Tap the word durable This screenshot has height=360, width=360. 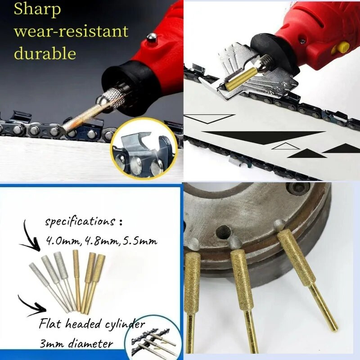[x=45, y=53]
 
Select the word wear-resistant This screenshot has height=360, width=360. [x=71, y=31]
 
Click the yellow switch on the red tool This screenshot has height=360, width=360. [x=341, y=48]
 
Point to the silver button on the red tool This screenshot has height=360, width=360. [x=152, y=38]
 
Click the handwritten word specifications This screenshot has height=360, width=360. [x=80, y=222]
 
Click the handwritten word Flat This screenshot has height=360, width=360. [x=50, y=324]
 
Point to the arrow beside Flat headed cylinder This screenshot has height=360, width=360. [x=32, y=306]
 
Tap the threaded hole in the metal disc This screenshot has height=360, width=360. [x=222, y=231]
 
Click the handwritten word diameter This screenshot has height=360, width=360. [x=91, y=344]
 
